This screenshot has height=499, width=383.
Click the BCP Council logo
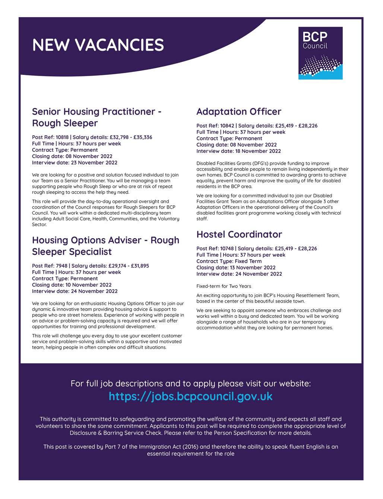point(320,53)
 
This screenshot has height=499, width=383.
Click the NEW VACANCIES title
point(98,45)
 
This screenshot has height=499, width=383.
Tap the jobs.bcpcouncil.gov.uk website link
point(191,396)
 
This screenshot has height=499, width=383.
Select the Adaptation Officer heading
point(238,111)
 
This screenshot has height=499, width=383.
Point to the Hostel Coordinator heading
point(239,234)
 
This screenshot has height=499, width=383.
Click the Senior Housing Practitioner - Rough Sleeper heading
point(96,117)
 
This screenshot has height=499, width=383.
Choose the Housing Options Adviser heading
point(105,246)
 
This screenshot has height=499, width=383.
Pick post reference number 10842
point(227,126)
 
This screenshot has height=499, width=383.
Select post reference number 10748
point(227,248)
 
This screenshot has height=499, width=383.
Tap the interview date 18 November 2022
point(258,151)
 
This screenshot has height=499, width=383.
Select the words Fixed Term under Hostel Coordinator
point(249,261)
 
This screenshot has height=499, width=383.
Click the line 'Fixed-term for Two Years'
point(224,286)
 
